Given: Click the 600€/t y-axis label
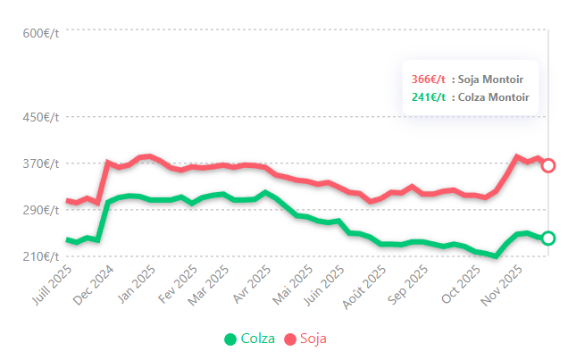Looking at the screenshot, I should point(40,34).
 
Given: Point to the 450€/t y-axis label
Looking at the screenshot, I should point(40,117).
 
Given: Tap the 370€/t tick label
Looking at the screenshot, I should point(40,163).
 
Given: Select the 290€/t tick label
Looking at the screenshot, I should point(40,210).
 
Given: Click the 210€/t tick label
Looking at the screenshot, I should point(40,256).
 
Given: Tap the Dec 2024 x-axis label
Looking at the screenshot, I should point(94,284).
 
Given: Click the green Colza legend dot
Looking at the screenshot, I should point(230,339).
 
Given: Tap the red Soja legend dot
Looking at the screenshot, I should point(290,339).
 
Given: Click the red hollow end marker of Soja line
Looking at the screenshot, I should point(548,165).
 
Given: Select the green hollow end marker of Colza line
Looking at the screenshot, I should point(548,238).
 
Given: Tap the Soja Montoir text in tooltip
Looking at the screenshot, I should point(491,80).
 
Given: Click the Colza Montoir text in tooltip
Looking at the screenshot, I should point(494,97).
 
